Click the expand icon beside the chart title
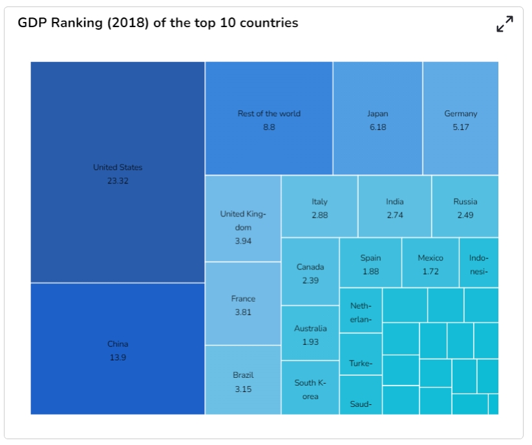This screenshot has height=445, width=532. click(504, 24)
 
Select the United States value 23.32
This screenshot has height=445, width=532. click(118, 181)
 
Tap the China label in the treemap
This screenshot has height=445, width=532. click(118, 344)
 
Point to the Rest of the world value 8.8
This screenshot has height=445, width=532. click(269, 127)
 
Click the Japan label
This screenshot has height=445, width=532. click(378, 114)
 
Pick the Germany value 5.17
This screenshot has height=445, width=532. click(460, 127)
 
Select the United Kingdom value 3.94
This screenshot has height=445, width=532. click(243, 241)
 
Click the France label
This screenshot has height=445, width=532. click(243, 298)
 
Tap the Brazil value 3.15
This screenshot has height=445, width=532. click(243, 389)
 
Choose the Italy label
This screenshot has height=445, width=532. click(319, 202)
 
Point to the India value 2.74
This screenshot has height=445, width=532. click(394, 215)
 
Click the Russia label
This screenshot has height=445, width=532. click(465, 202)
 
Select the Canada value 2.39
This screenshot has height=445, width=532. click(310, 280)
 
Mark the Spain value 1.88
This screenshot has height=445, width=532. click(370, 271)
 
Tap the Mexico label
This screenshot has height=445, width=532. click(431, 258)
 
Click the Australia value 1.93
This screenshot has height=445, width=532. click(310, 342)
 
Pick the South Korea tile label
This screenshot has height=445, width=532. click(310, 389)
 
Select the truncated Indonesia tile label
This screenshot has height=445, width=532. click(478, 265)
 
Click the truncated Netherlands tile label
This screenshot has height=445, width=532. click(361, 313)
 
